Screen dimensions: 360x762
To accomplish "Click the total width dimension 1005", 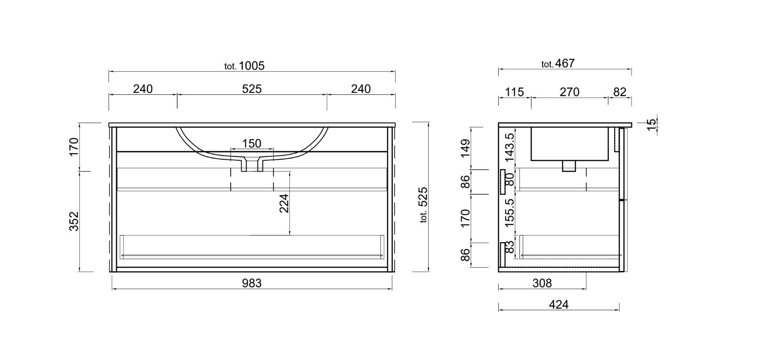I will [x=251, y=66].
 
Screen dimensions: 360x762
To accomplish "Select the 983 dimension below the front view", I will [x=251, y=283].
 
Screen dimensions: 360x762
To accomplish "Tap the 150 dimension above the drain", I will [x=251, y=143].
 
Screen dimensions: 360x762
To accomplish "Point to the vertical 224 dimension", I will [x=284, y=203].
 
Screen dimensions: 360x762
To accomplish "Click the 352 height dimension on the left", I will [x=74, y=221].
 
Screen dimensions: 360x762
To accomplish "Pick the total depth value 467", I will [x=565, y=64].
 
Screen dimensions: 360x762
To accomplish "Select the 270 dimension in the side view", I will [x=569, y=92].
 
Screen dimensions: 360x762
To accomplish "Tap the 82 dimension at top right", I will [x=620, y=92].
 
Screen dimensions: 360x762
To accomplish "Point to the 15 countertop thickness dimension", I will [x=651, y=124].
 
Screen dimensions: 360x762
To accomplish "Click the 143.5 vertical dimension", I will [x=509, y=147].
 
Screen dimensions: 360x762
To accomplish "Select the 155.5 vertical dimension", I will [x=509, y=212].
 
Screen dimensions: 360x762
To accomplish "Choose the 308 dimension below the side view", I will [x=542, y=283].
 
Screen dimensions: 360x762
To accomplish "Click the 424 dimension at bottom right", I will [x=559, y=305].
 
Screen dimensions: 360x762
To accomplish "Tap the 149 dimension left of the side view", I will [x=465, y=148].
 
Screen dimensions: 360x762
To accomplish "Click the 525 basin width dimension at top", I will [x=251, y=89].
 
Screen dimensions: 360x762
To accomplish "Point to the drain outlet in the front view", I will [x=251, y=165].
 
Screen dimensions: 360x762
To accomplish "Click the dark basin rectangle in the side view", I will [x=569, y=144].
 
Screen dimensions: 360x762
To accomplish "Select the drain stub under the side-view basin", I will [x=569, y=166].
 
